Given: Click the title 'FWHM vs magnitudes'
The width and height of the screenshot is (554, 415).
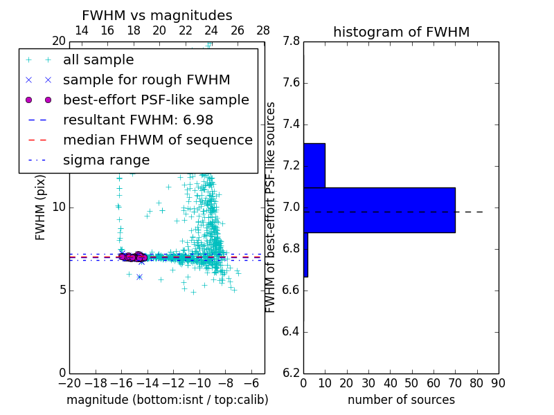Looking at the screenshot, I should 157,15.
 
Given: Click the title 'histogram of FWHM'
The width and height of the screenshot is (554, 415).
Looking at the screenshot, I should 401,32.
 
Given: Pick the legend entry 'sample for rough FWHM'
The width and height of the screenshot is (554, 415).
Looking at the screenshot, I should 146,80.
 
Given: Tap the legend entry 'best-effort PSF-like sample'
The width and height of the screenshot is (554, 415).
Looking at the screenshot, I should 156,100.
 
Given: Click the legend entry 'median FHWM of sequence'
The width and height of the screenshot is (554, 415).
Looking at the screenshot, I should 157,140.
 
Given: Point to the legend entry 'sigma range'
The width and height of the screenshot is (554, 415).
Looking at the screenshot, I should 106,160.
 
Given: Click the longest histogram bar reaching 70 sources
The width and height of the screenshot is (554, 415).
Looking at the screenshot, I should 379,210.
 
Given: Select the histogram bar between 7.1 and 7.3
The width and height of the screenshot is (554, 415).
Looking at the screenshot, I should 314,165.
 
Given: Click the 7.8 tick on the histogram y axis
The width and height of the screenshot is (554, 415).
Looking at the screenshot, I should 291,41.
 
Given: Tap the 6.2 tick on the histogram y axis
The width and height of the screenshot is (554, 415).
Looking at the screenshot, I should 291,373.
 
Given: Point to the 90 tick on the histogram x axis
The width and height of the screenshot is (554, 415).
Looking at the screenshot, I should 498,383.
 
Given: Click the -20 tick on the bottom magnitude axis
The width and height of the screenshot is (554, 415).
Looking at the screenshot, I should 69,383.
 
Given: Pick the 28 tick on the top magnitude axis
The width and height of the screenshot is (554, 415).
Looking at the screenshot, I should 264,31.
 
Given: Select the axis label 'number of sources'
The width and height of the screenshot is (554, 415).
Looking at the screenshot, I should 401,400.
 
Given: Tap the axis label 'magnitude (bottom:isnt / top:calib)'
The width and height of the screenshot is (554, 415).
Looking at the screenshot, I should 167,400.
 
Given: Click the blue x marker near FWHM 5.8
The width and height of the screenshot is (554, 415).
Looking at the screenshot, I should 139,277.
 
